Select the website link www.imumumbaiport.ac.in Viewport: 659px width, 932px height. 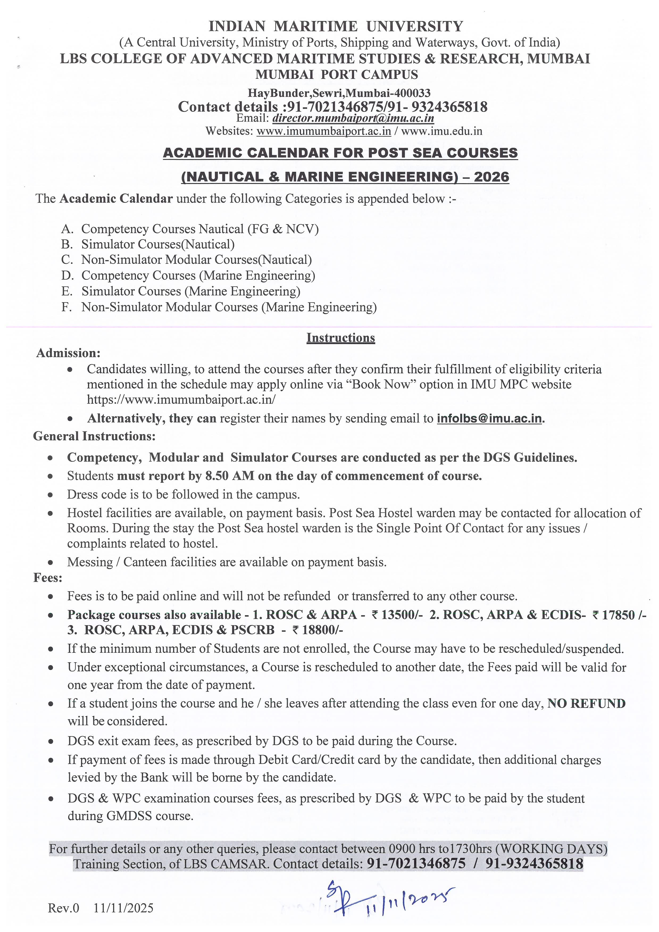click(x=324, y=131)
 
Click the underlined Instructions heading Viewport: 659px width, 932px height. click(x=340, y=338)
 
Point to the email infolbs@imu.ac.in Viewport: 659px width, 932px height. click(x=489, y=418)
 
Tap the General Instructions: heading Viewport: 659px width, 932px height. click(x=94, y=436)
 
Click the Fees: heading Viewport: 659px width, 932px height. click(x=48, y=578)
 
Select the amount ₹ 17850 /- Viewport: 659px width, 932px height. click(x=619, y=615)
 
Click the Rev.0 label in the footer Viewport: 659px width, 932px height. click(x=64, y=908)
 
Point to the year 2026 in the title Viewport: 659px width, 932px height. click(x=491, y=177)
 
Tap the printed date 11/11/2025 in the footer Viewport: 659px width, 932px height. click(x=124, y=908)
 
